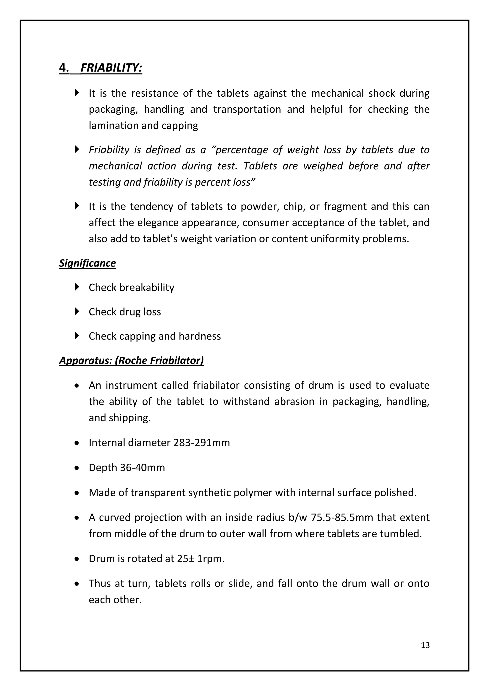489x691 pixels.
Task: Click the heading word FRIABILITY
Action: pos(111,68)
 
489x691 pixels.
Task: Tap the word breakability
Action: pos(147,288)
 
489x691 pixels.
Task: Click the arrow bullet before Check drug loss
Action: pos(77,311)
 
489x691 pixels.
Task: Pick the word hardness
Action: pos(200,336)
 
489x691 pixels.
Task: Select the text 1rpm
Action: pos(211,559)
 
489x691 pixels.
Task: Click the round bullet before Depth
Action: pos(77,468)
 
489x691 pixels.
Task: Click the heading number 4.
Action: pos(64,68)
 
